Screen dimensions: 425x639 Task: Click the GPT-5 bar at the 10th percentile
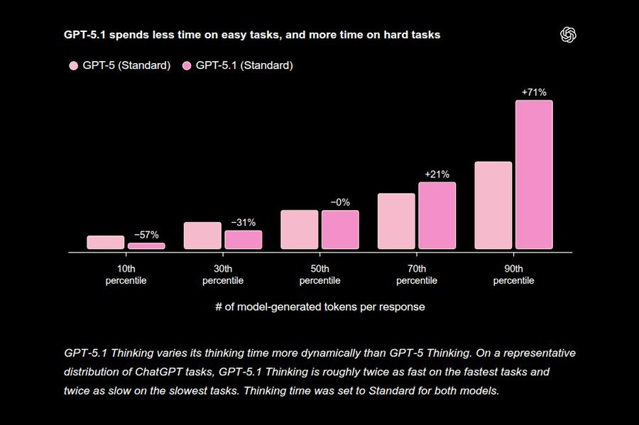105,243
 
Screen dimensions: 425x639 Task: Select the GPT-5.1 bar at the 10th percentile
146,245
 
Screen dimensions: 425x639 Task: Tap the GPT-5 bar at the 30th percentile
202,236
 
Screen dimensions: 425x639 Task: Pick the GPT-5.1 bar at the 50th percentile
340,230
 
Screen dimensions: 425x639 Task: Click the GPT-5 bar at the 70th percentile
396,221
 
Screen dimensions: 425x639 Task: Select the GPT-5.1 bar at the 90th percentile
534,175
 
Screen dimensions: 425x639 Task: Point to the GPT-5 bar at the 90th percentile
493,205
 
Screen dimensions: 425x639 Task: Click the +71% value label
534,92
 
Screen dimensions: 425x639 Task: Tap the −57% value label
146,235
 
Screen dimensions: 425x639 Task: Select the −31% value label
244,222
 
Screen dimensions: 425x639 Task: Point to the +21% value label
437,174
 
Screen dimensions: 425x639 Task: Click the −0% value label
340,202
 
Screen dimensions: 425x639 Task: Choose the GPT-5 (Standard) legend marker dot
73,66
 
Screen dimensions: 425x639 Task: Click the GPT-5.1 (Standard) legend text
244,66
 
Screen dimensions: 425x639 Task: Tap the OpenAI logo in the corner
567,35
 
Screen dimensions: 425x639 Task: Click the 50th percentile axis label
319,275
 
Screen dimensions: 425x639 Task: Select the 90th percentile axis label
513,275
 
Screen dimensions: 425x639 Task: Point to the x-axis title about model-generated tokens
319,307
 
